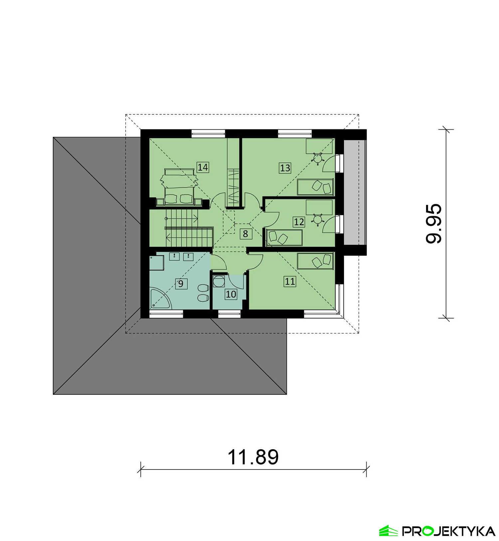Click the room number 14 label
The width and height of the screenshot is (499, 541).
pos(203,167)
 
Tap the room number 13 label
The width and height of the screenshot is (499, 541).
pos(285,168)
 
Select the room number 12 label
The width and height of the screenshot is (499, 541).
pos(299,222)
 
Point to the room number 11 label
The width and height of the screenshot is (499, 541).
pos(290,282)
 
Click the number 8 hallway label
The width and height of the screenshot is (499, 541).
pos(246,234)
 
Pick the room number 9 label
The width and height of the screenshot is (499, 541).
pos(181,284)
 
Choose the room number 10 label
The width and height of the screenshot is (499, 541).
pos(231,294)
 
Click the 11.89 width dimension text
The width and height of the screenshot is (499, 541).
pos(253,457)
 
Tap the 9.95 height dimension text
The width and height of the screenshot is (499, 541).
pos(434,224)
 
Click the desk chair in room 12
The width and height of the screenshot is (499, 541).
pos(318,219)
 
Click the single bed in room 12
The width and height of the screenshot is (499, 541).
pos(284,237)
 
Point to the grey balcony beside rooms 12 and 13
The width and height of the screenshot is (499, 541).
pos(355,192)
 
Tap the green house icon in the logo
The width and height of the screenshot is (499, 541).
pos(388,531)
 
